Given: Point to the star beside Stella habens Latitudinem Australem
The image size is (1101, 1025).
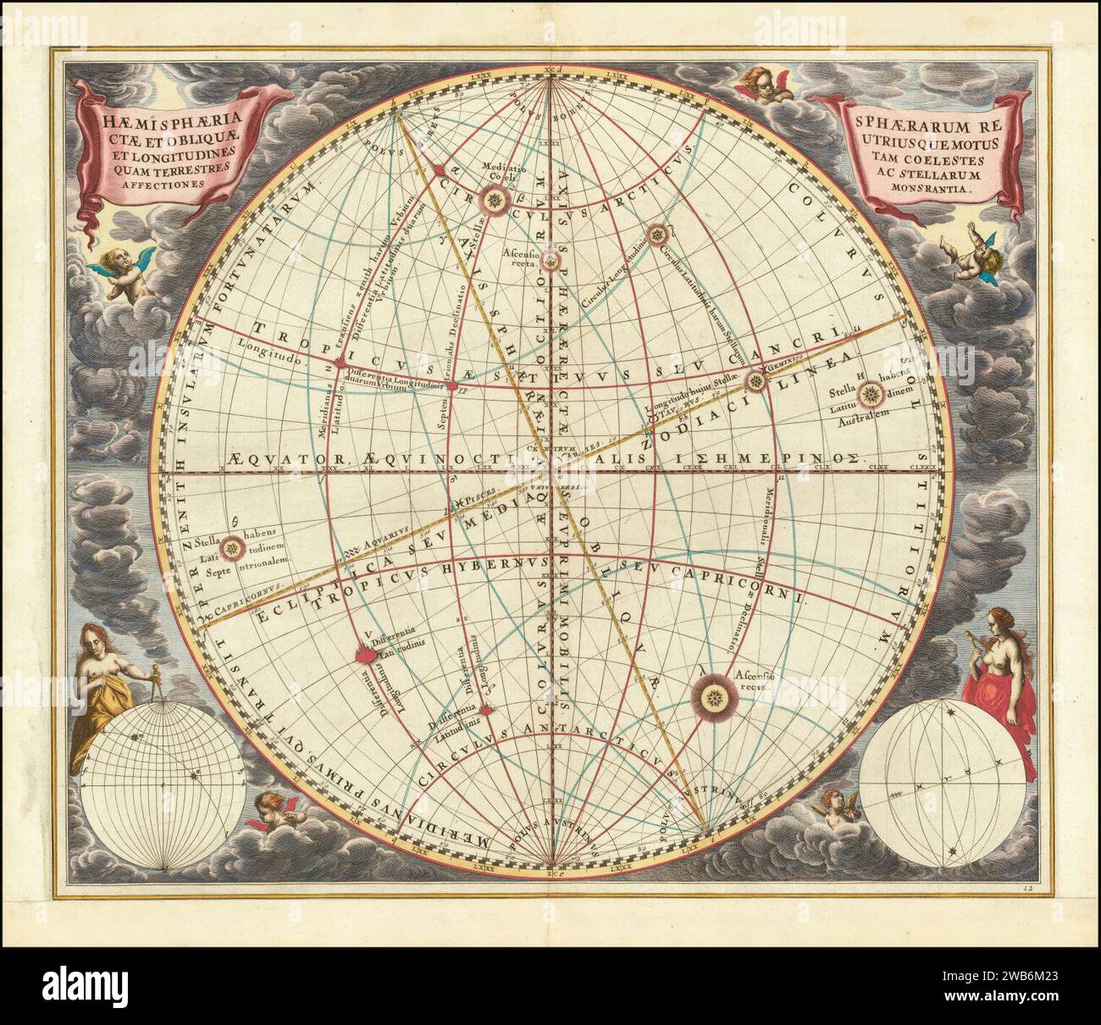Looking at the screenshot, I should [872, 393].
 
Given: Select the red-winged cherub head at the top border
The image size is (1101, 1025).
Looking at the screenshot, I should [760, 84].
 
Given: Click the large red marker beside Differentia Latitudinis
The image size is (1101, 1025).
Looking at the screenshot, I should [363, 655].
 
